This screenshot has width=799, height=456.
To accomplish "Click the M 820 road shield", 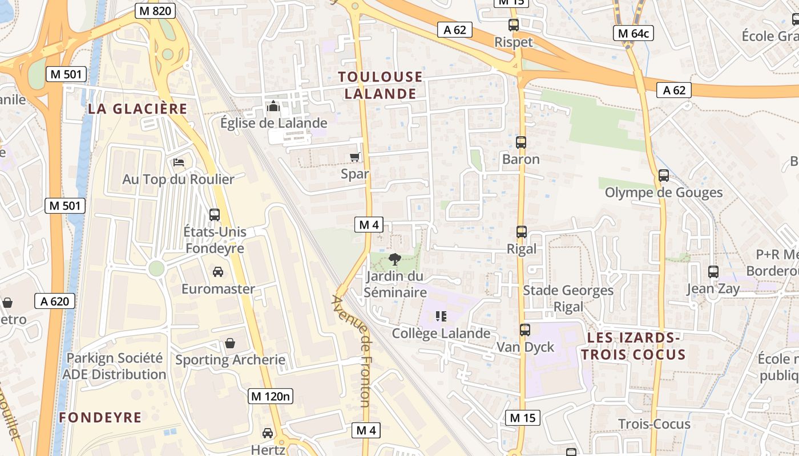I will point(155,11).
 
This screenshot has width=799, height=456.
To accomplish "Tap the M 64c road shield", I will point(633,33).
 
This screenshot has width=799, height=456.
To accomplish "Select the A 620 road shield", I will point(55,301).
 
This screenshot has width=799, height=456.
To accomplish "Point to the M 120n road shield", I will point(271,396).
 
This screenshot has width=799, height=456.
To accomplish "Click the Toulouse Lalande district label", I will point(381,85).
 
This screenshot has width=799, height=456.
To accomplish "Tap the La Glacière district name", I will point(138,109).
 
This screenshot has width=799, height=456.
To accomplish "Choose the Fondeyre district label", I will point(100,418).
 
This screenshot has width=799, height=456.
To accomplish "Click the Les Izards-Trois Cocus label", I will point(636,346).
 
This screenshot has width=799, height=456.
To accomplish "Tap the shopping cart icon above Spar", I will point(355,157).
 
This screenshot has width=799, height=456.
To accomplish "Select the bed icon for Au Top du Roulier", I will point(179,162).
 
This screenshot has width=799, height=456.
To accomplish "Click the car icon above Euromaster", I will point(218,272).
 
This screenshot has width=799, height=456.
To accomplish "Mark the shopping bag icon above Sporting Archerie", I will point(229,343).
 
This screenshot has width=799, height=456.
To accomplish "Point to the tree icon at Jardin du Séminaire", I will point(394,260).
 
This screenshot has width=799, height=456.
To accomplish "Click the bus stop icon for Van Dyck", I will point(525,329).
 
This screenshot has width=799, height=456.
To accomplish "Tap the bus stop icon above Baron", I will point(521,142).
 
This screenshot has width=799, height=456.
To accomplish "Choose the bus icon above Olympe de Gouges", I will point(663,176).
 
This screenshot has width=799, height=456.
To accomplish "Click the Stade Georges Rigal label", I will point(568,299).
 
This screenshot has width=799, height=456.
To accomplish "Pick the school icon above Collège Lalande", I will point(441,316).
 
